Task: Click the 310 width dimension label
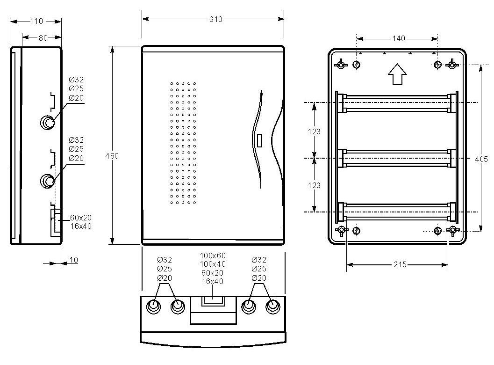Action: tap(216, 19)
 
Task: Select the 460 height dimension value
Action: tap(112, 156)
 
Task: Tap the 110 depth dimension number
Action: tap(36, 21)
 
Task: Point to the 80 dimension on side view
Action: tap(43, 38)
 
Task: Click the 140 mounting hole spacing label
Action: tap(399, 38)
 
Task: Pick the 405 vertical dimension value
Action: tap(481, 159)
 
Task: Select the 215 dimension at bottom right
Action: tap(400, 264)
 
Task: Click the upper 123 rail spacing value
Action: tap(314, 131)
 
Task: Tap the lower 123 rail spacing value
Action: tap(314, 185)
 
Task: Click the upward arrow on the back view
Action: tap(397, 74)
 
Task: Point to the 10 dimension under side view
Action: tap(73, 260)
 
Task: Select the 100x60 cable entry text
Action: tap(213, 255)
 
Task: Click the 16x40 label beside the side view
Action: tap(81, 226)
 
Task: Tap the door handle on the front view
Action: tap(259, 140)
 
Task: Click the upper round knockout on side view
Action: tap(48, 122)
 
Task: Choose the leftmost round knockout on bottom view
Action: tap(153, 306)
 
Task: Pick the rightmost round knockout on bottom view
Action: tap(273, 306)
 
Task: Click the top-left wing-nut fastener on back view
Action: tap(341, 65)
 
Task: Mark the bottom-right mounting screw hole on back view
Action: tap(437, 231)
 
